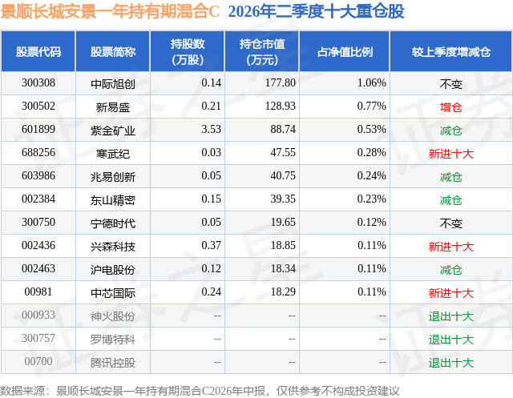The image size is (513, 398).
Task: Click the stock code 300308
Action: pos(38,83)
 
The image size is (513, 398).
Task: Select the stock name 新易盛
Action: pos(113,107)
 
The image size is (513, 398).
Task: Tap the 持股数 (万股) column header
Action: pos(188,51)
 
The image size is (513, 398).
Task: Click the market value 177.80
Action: pos(281,83)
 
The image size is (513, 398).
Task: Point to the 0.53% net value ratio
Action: pos(371,130)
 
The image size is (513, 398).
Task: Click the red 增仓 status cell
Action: pos(450,107)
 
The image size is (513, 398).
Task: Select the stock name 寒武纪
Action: pos(113,154)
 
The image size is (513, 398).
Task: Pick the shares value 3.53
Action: pos(211,130)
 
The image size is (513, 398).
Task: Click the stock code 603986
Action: pos(38,176)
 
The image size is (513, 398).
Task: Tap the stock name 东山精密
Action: pos(113,200)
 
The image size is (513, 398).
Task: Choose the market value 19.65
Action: pos(283,222)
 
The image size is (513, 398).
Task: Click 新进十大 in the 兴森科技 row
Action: pos(450,247)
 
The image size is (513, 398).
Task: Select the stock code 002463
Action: pos(38,268)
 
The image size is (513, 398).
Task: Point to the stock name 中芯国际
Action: pos(113,293)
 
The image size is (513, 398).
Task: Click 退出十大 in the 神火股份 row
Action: pos(450,316)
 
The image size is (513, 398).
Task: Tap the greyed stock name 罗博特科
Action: pos(113,340)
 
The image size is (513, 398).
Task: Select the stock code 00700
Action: pos(38,361)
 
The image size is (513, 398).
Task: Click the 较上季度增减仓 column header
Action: pos(450,51)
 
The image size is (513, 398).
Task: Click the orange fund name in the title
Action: pos(110,12)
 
